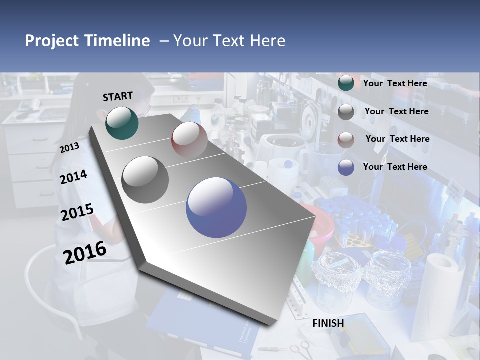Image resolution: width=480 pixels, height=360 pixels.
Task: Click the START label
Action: (x=118, y=96)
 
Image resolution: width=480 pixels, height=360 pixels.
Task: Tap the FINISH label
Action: (x=328, y=323)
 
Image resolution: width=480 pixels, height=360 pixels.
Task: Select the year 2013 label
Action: (x=69, y=147)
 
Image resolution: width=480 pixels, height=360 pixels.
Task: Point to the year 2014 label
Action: (x=74, y=177)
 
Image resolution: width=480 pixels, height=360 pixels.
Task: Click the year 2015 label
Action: (x=77, y=212)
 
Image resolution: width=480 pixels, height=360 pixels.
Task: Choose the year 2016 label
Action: (x=85, y=252)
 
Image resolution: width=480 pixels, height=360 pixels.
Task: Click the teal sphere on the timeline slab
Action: (x=122, y=123)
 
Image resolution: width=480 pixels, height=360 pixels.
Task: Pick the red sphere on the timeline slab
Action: (x=189, y=140)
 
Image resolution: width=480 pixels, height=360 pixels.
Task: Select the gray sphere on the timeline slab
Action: (x=145, y=180)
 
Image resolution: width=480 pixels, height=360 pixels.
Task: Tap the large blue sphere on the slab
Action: (x=216, y=207)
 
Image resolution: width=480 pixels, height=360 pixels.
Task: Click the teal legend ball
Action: (x=346, y=83)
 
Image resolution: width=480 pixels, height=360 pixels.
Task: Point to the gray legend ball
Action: (x=346, y=112)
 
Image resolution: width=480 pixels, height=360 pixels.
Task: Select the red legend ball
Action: (x=346, y=139)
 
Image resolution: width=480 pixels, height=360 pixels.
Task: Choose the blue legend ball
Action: (x=346, y=167)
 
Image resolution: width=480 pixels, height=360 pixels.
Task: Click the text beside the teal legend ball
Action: (x=395, y=83)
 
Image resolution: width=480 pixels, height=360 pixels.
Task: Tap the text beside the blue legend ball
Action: (x=395, y=167)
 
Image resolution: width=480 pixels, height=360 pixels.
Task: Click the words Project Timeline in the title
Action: (x=87, y=41)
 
